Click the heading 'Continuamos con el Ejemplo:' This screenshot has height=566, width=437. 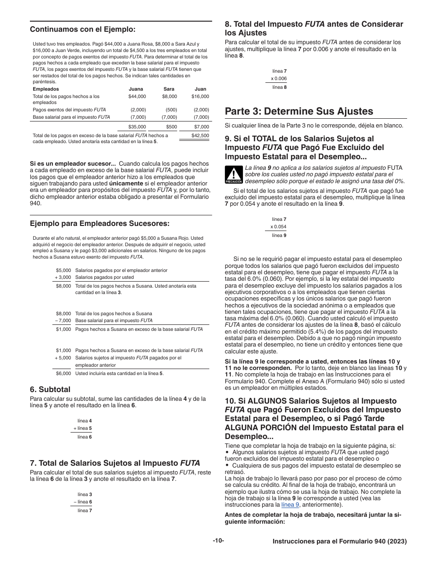(x=83, y=29)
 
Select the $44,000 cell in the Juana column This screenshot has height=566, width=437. (x=137, y=97)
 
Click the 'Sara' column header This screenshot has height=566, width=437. (x=169, y=89)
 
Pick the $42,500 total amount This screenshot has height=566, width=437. (x=200, y=136)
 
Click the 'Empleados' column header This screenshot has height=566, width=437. (x=46, y=89)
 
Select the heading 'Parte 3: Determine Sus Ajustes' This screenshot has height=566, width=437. (x=299, y=111)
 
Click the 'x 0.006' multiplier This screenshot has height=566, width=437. (x=278, y=79)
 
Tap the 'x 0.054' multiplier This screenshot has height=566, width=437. (x=278, y=227)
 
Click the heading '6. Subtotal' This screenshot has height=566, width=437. (x=50, y=389)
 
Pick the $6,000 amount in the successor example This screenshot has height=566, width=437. (x=63, y=374)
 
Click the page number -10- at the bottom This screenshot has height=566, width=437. (x=218, y=541)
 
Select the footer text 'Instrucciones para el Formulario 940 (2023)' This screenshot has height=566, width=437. (x=339, y=542)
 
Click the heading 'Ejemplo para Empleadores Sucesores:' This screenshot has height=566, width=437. (x=100, y=224)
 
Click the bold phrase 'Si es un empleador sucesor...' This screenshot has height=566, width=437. (x=73, y=164)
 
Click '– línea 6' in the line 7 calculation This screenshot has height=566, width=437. (x=83, y=502)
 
